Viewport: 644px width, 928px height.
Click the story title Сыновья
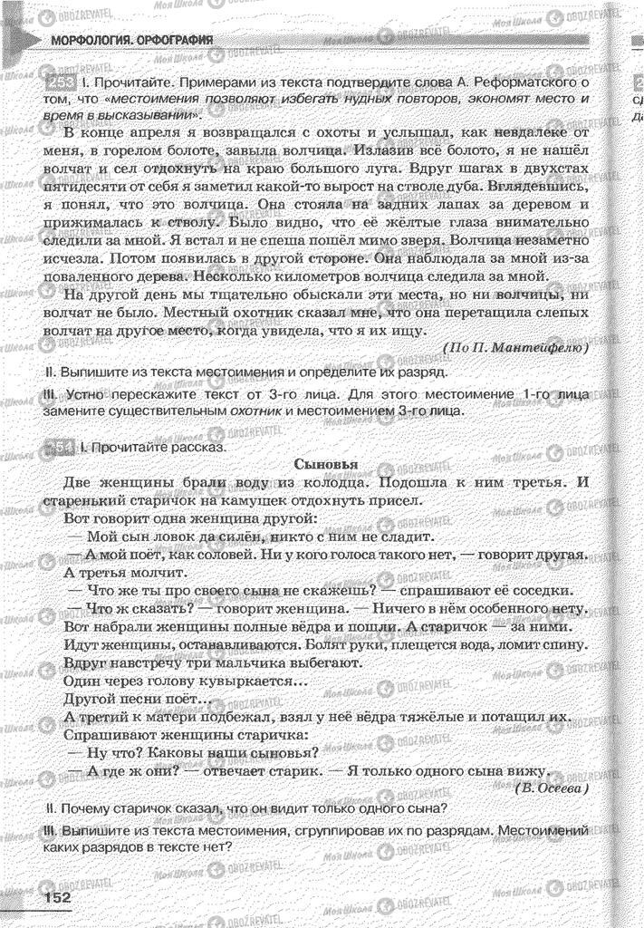pos(327,464)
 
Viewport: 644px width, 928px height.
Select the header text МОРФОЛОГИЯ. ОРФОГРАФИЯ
pos(132,40)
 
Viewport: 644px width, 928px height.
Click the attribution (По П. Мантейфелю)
pos(516,347)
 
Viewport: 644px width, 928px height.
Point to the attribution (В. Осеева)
pos(552,789)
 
